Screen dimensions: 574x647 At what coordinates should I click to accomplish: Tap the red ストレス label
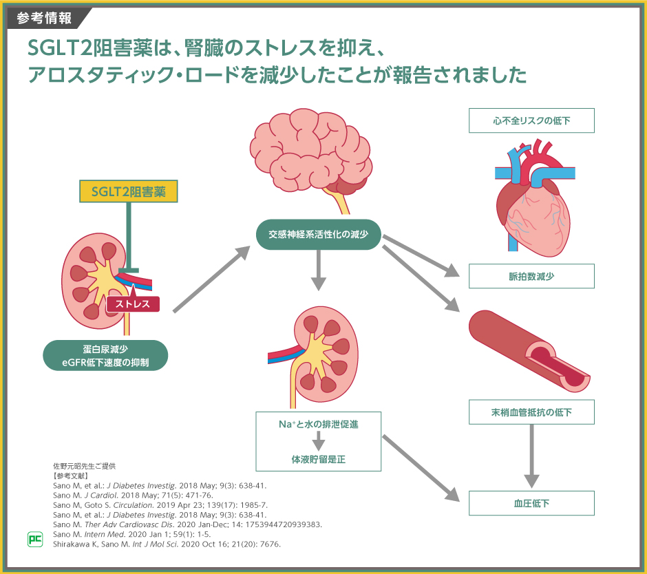(133, 304)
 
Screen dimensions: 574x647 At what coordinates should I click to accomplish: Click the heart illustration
(531, 200)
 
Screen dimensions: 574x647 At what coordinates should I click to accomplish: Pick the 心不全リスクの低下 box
(531, 121)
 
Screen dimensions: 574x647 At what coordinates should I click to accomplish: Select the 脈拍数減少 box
(531, 276)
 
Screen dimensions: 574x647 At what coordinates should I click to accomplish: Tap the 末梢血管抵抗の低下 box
(531, 412)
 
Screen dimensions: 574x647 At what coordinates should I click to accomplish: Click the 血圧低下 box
(531, 503)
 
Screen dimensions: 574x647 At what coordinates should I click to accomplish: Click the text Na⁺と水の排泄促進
(318, 425)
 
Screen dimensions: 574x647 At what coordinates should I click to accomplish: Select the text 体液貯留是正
(318, 458)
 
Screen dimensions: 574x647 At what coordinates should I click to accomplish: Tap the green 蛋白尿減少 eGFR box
(105, 355)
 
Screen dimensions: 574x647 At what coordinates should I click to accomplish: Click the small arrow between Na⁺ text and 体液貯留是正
(318, 441)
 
